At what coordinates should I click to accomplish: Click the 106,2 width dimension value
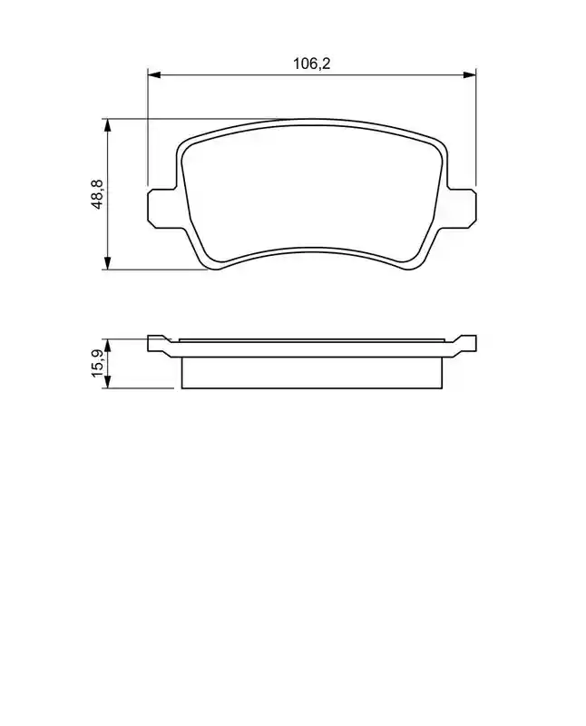pyautogui.click(x=311, y=64)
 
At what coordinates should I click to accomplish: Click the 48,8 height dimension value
pyautogui.click(x=98, y=194)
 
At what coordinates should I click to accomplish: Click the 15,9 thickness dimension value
pyautogui.click(x=98, y=364)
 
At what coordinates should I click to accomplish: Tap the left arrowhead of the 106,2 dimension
pyautogui.click(x=153, y=74)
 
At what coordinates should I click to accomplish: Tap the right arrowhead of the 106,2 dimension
pyautogui.click(x=470, y=74)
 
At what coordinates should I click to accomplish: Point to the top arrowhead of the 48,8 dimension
pyautogui.click(x=107, y=125)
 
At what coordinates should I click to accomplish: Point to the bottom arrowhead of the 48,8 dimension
pyautogui.click(x=107, y=263)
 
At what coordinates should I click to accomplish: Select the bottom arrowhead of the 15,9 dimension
pyautogui.click(x=107, y=382)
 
